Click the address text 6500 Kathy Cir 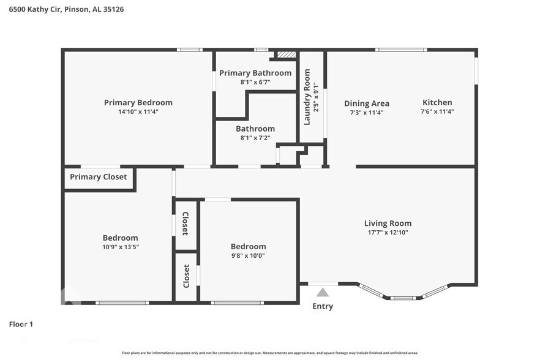click(x=35, y=9)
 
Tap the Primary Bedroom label click(x=138, y=103)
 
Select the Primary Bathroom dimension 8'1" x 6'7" click(x=255, y=82)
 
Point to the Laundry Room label click(x=307, y=97)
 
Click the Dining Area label click(x=367, y=103)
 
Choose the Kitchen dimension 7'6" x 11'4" click(x=437, y=111)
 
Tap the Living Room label click(x=388, y=223)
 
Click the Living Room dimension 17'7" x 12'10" click(x=388, y=232)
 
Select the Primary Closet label click(x=99, y=177)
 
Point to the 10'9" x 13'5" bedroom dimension click(x=121, y=247)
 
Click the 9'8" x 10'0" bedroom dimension click(x=249, y=255)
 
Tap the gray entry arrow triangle click(x=322, y=293)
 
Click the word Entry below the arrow click(x=323, y=306)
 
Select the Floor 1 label click(x=21, y=324)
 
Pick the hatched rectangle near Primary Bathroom click(x=287, y=54)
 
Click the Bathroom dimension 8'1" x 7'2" click(x=255, y=138)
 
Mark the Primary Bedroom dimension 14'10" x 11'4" click(x=138, y=111)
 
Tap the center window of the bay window click(x=403, y=298)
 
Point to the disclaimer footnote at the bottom click(x=270, y=353)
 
